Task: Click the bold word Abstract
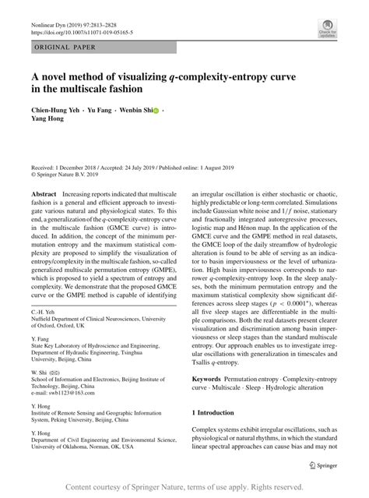(44, 192)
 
